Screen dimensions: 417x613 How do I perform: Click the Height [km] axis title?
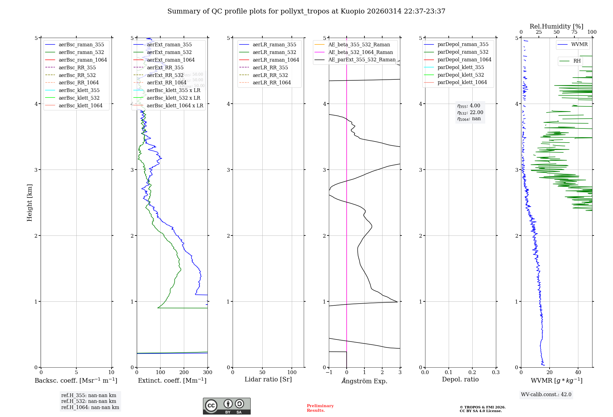(x=29, y=203)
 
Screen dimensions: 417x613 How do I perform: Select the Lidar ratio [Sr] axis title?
(x=268, y=380)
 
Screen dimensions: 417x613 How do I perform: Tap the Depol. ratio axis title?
(x=460, y=380)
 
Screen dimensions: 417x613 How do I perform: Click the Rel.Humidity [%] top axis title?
(x=556, y=26)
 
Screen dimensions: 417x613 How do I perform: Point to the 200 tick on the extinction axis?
(x=184, y=373)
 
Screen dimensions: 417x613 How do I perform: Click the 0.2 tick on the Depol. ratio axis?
(x=472, y=373)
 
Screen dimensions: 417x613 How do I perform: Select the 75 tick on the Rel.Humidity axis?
(x=574, y=32)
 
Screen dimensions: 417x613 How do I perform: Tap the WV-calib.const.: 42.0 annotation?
(x=546, y=395)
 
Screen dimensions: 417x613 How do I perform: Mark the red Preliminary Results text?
(x=320, y=408)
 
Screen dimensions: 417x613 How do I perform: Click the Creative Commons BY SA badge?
(x=227, y=406)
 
